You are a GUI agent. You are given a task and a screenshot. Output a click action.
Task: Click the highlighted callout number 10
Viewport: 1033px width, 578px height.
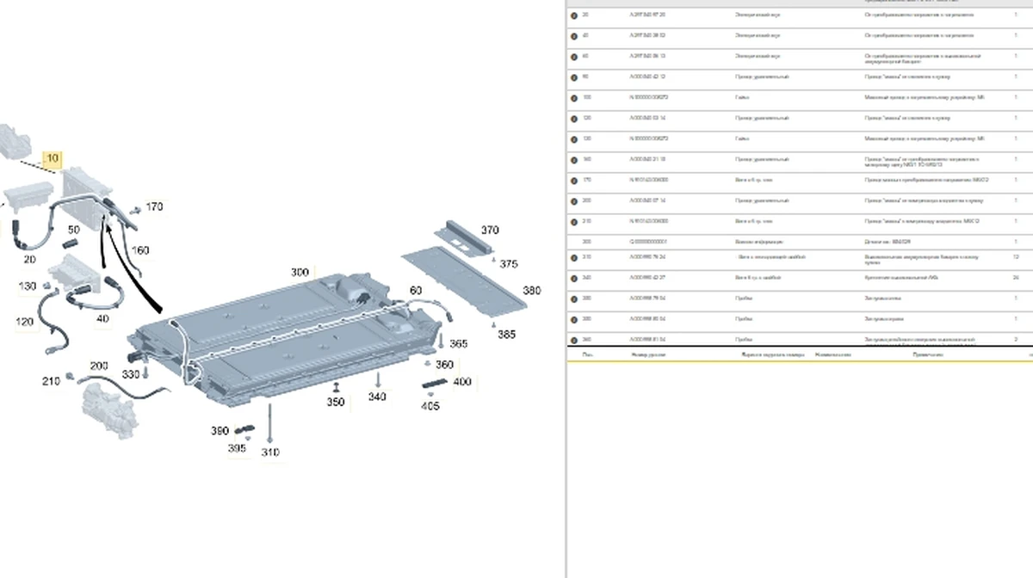point(53,158)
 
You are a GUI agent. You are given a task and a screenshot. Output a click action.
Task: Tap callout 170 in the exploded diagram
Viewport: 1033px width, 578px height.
point(154,206)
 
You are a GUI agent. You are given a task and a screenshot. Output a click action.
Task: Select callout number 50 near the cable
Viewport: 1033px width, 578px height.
point(74,230)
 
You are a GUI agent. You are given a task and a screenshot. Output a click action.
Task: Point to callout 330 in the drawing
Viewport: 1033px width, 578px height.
point(130,374)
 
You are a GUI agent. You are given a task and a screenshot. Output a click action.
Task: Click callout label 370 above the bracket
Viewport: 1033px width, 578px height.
point(490,230)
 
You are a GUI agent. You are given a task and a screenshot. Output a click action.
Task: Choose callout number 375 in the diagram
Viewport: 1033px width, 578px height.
point(509,264)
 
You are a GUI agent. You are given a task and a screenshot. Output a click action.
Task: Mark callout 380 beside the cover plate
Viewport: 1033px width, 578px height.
point(532,291)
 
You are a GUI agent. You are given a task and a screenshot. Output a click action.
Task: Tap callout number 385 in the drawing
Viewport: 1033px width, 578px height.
point(506,334)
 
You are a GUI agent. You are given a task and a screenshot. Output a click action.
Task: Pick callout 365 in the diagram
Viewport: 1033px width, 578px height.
point(458,343)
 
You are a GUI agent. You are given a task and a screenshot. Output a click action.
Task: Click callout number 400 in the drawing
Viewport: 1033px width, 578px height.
point(462,382)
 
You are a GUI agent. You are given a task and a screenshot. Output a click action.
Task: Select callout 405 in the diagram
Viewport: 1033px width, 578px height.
point(430,407)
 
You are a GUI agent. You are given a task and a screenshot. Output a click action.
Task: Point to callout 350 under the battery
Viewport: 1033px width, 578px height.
point(336,402)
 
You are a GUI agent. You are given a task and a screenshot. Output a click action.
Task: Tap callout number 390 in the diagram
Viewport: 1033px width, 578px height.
point(220,430)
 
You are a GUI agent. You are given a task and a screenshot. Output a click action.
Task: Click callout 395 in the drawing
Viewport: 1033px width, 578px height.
point(237,448)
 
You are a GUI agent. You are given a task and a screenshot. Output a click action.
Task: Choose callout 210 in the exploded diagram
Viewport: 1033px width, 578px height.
point(52,380)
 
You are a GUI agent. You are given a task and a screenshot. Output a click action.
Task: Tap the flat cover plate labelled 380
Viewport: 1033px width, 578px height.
point(465,275)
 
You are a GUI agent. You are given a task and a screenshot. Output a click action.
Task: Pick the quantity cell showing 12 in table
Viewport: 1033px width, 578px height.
point(1017,257)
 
